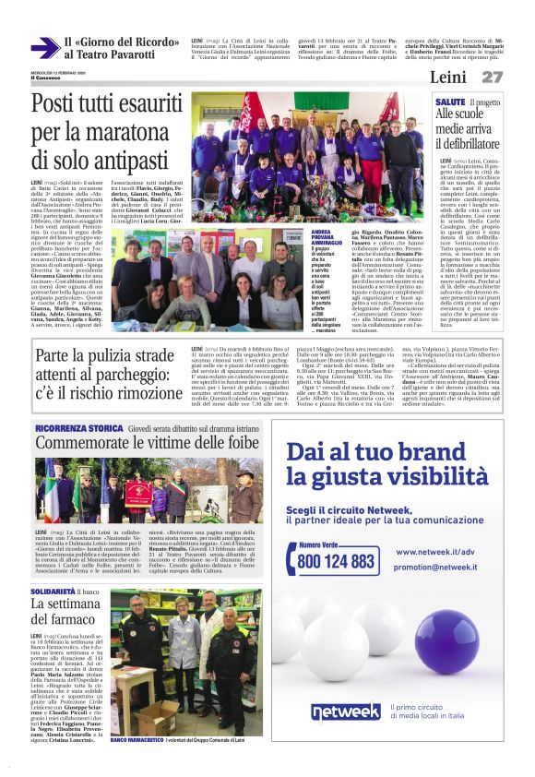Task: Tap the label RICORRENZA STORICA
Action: (x=79, y=429)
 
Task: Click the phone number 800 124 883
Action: (x=338, y=560)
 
